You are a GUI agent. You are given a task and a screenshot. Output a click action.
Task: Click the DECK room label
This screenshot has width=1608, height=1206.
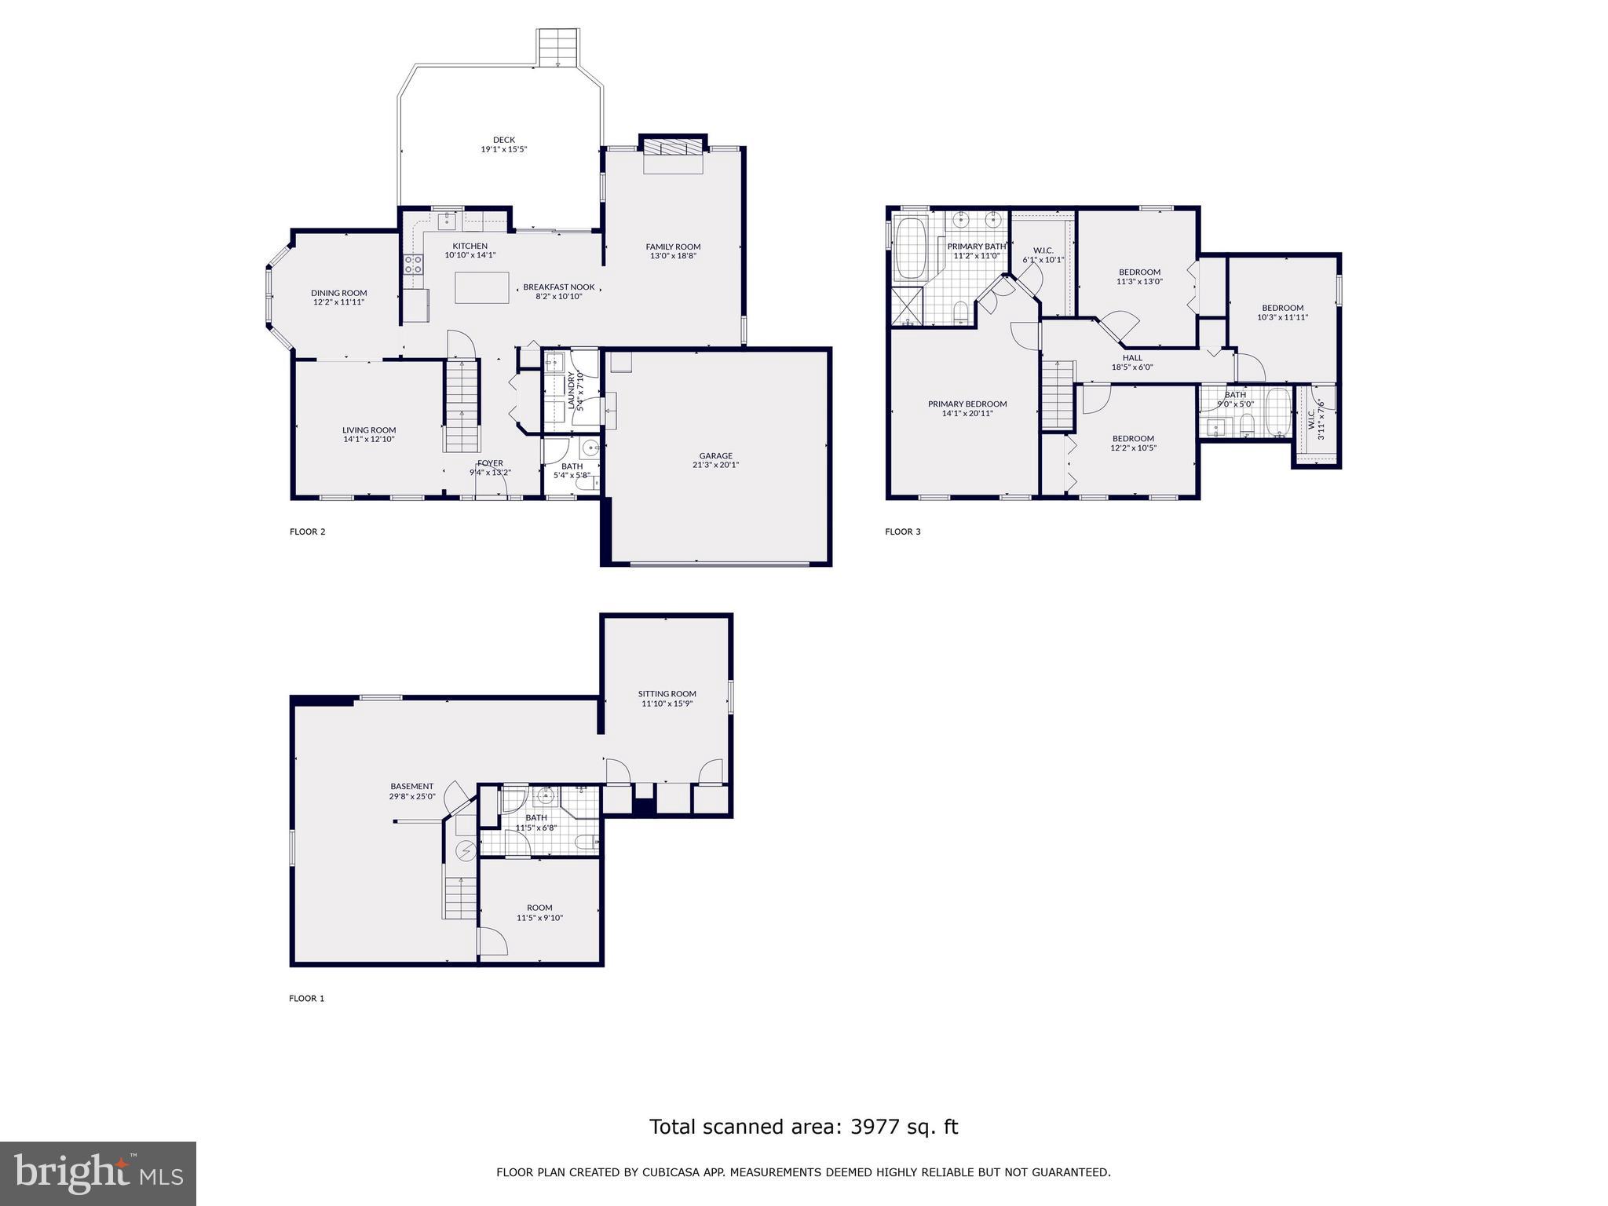(x=503, y=140)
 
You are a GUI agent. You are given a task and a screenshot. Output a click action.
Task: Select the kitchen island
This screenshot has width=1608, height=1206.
(x=482, y=287)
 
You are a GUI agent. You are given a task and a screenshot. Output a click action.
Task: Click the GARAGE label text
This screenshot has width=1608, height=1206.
(x=715, y=455)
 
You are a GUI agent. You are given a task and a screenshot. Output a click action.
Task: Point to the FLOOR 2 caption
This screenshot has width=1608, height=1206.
(x=307, y=532)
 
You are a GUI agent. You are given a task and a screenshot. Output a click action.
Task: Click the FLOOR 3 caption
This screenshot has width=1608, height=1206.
(x=902, y=532)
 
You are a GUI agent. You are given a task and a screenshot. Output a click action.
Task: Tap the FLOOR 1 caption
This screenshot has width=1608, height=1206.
(x=306, y=999)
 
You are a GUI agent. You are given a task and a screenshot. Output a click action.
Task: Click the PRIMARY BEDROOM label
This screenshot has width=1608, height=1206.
(x=967, y=404)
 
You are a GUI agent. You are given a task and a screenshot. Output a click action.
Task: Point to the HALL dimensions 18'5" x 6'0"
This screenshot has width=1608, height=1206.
(x=1131, y=367)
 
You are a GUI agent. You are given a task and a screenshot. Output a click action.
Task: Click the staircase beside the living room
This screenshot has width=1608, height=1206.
(x=461, y=405)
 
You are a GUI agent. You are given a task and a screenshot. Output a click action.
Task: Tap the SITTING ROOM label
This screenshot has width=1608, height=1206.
(x=667, y=693)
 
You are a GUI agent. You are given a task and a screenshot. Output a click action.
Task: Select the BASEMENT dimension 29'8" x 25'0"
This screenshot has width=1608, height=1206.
(x=411, y=796)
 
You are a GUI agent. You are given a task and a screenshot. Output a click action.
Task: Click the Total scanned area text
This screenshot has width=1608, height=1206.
(x=803, y=1127)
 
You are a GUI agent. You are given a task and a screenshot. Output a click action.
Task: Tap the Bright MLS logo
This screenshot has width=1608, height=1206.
(x=97, y=1173)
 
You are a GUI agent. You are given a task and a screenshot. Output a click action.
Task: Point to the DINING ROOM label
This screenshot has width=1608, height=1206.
(x=338, y=293)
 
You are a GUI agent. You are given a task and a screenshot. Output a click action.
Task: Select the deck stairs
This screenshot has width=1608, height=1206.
(x=558, y=48)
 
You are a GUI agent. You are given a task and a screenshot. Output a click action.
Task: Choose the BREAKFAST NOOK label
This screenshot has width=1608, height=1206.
(x=558, y=287)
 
